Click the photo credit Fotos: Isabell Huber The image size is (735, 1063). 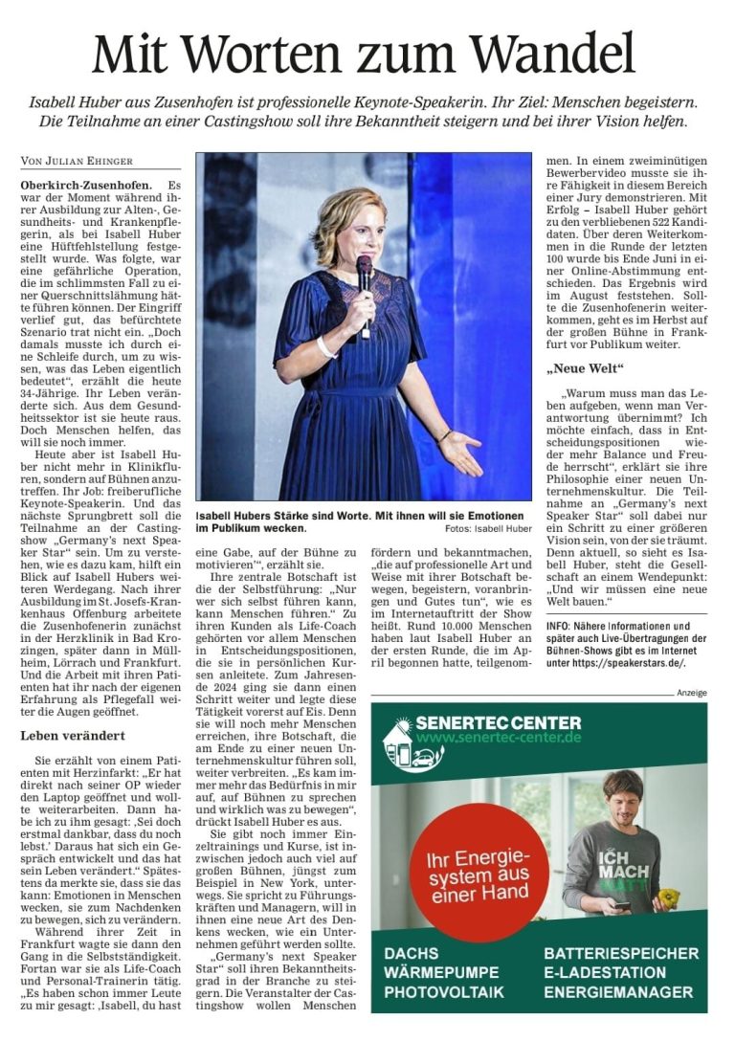click(x=488, y=528)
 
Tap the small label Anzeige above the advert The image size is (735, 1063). click(x=691, y=692)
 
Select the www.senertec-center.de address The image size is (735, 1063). click(x=499, y=741)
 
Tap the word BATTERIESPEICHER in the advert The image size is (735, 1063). click(x=620, y=954)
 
